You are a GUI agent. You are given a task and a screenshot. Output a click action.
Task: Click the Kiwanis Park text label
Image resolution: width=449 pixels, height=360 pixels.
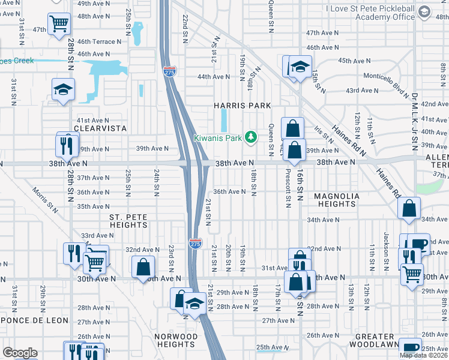pos(217,138)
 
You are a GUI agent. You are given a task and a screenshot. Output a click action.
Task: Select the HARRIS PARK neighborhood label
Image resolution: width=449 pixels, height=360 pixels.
pos(239,106)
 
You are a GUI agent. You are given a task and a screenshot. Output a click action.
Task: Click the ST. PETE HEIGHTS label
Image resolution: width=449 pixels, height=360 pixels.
pos(128,220)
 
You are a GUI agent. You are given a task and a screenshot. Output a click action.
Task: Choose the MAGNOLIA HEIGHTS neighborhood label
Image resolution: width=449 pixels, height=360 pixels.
pos(337,200)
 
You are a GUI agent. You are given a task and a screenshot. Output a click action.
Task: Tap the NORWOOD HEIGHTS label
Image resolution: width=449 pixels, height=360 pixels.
pos(175,340)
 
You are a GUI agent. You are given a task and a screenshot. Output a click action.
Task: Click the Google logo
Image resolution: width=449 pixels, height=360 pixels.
pos(20,353)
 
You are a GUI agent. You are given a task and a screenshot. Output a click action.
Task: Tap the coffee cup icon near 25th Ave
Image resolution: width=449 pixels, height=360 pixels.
pos(411,348)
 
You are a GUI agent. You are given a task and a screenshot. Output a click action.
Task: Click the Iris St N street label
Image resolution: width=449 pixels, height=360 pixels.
pos(327,136)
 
